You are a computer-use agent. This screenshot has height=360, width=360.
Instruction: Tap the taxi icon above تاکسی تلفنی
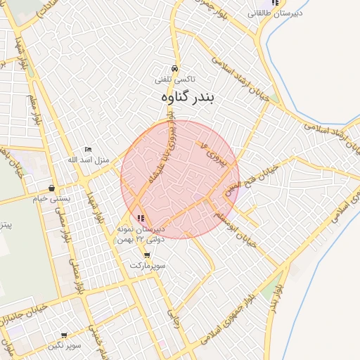tap(174, 69)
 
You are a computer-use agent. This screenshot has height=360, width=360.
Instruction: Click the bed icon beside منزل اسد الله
tap(88, 149)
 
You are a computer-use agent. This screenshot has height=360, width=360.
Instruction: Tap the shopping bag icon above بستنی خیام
tap(52, 188)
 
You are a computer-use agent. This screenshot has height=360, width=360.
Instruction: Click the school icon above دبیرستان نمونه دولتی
tap(141, 218)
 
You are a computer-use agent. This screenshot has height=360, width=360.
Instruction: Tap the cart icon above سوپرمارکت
tap(146, 255)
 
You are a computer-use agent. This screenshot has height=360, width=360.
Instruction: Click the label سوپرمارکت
tap(146, 266)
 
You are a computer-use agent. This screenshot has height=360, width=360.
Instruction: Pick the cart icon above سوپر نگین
tap(64, 336)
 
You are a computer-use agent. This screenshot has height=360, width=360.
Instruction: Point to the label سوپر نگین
tap(65, 346)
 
